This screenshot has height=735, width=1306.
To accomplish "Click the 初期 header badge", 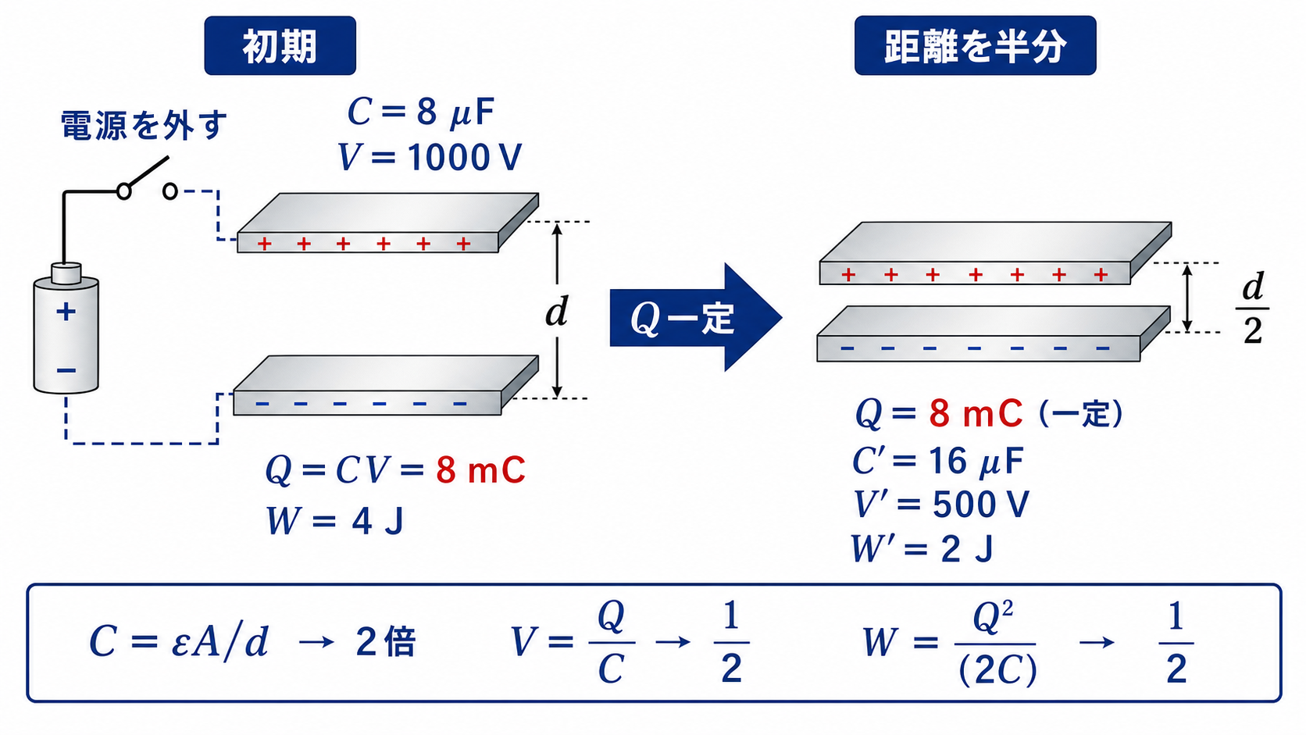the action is (280, 45).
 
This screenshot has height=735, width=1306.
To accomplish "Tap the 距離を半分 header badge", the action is (975, 45).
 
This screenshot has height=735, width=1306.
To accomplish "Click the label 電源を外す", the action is (144, 125).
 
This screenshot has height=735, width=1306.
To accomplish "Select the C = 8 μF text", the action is (420, 112).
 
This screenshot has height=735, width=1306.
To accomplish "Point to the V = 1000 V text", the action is (430, 157).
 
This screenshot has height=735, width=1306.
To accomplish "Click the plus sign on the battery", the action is (66, 312).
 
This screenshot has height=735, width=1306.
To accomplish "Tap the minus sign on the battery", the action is (66, 370).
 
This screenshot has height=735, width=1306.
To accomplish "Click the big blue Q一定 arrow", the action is (695, 317).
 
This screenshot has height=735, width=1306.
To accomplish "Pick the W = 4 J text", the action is (334, 520).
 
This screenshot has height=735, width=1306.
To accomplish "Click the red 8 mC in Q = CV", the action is (480, 469).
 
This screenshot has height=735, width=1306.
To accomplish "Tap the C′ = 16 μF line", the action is (937, 461).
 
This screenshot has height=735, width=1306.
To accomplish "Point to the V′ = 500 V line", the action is (940, 504).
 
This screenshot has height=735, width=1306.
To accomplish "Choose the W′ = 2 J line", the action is (921, 548).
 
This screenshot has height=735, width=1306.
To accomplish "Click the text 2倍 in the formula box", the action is (385, 642).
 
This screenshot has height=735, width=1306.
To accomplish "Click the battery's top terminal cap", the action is (66, 273).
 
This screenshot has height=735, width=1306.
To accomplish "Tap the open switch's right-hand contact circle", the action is (169, 191).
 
